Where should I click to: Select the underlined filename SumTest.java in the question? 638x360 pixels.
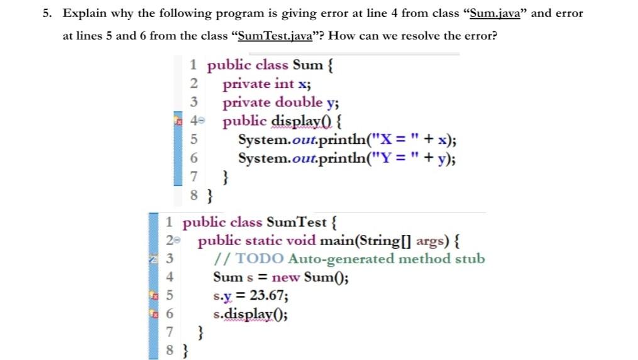coord(276,36)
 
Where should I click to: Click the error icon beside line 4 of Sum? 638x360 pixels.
coord(177,121)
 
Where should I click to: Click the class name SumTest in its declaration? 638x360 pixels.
coord(296,222)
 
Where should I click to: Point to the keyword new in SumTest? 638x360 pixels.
coord(285,277)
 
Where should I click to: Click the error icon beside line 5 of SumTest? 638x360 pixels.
coord(152,295)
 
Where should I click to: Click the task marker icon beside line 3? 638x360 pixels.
coord(152,258)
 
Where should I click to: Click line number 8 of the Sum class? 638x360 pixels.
coord(194,195)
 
